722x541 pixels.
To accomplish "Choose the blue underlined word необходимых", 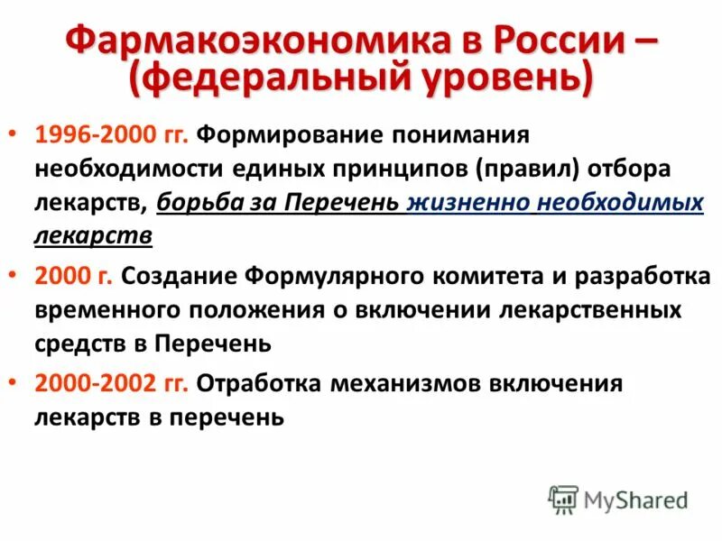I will (x=620, y=203).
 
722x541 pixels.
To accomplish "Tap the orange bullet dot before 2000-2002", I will (x=20, y=382).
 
